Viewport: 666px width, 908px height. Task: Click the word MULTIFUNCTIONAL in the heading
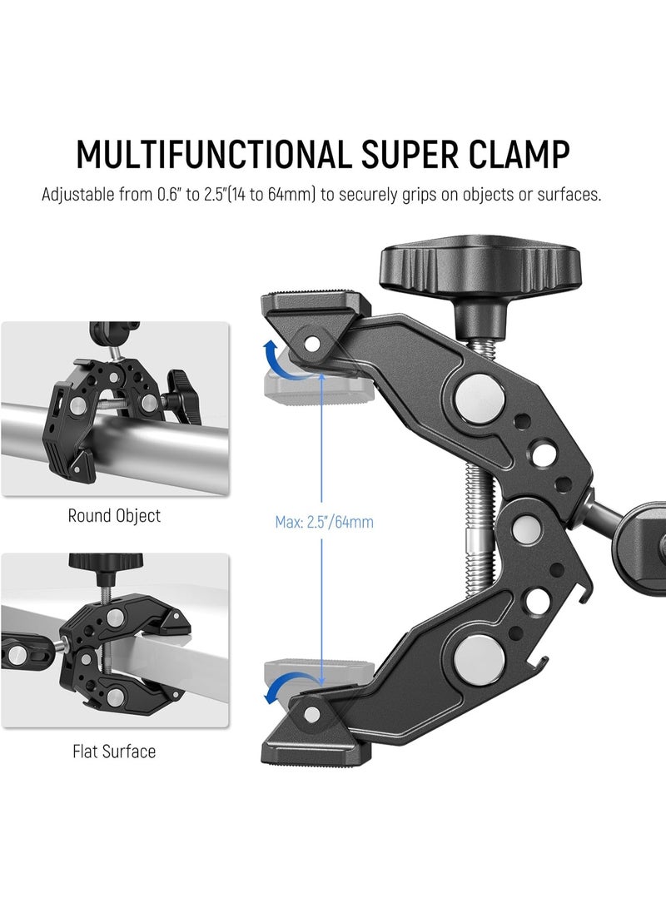coord(213,155)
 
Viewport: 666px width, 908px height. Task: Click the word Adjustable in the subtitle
coord(78,195)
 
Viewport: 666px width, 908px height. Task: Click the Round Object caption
coord(114,515)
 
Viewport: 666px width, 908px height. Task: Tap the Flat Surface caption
coord(114,751)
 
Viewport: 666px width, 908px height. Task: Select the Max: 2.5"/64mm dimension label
coord(325,523)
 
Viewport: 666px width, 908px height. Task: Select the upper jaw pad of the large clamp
coord(316,305)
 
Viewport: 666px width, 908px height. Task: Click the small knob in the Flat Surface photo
coord(106,565)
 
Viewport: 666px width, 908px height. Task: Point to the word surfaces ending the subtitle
coord(569,195)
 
